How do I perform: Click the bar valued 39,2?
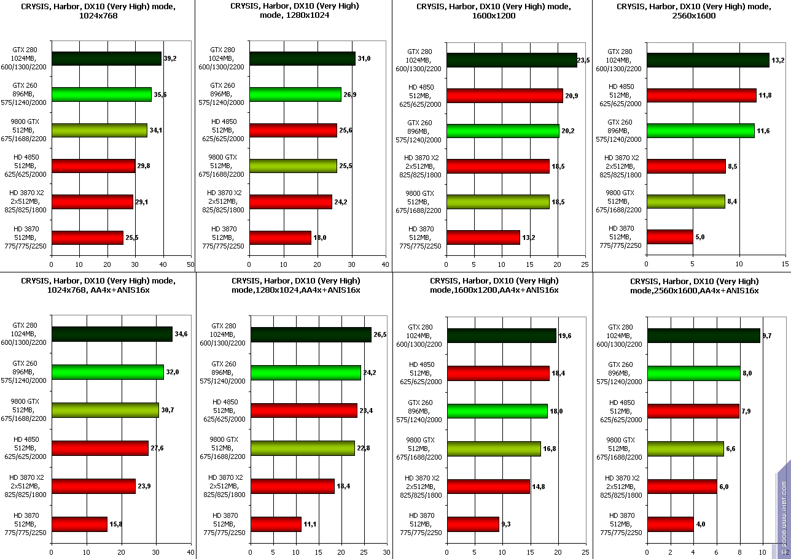[x=106, y=58]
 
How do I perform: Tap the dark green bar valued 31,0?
[x=302, y=58]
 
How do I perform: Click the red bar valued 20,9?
[x=505, y=96]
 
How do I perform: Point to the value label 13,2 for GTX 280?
[x=778, y=60]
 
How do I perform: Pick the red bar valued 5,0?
[x=670, y=237]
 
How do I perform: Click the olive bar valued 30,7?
[x=105, y=410]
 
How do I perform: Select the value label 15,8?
[x=115, y=524]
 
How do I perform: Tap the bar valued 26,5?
[x=311, y=334]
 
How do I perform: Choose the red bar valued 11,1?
[x=276, y=524]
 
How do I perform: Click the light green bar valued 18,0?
[x=497, y=411]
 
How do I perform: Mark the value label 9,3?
[x=507, y=525]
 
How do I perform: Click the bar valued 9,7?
[x=704, y=336]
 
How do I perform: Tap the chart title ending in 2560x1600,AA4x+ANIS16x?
[x=694, y=286]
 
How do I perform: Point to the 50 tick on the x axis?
[x=190, y=264]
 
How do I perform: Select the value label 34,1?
[x=156, y=130]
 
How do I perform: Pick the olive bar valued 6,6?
[x=685, y=449]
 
